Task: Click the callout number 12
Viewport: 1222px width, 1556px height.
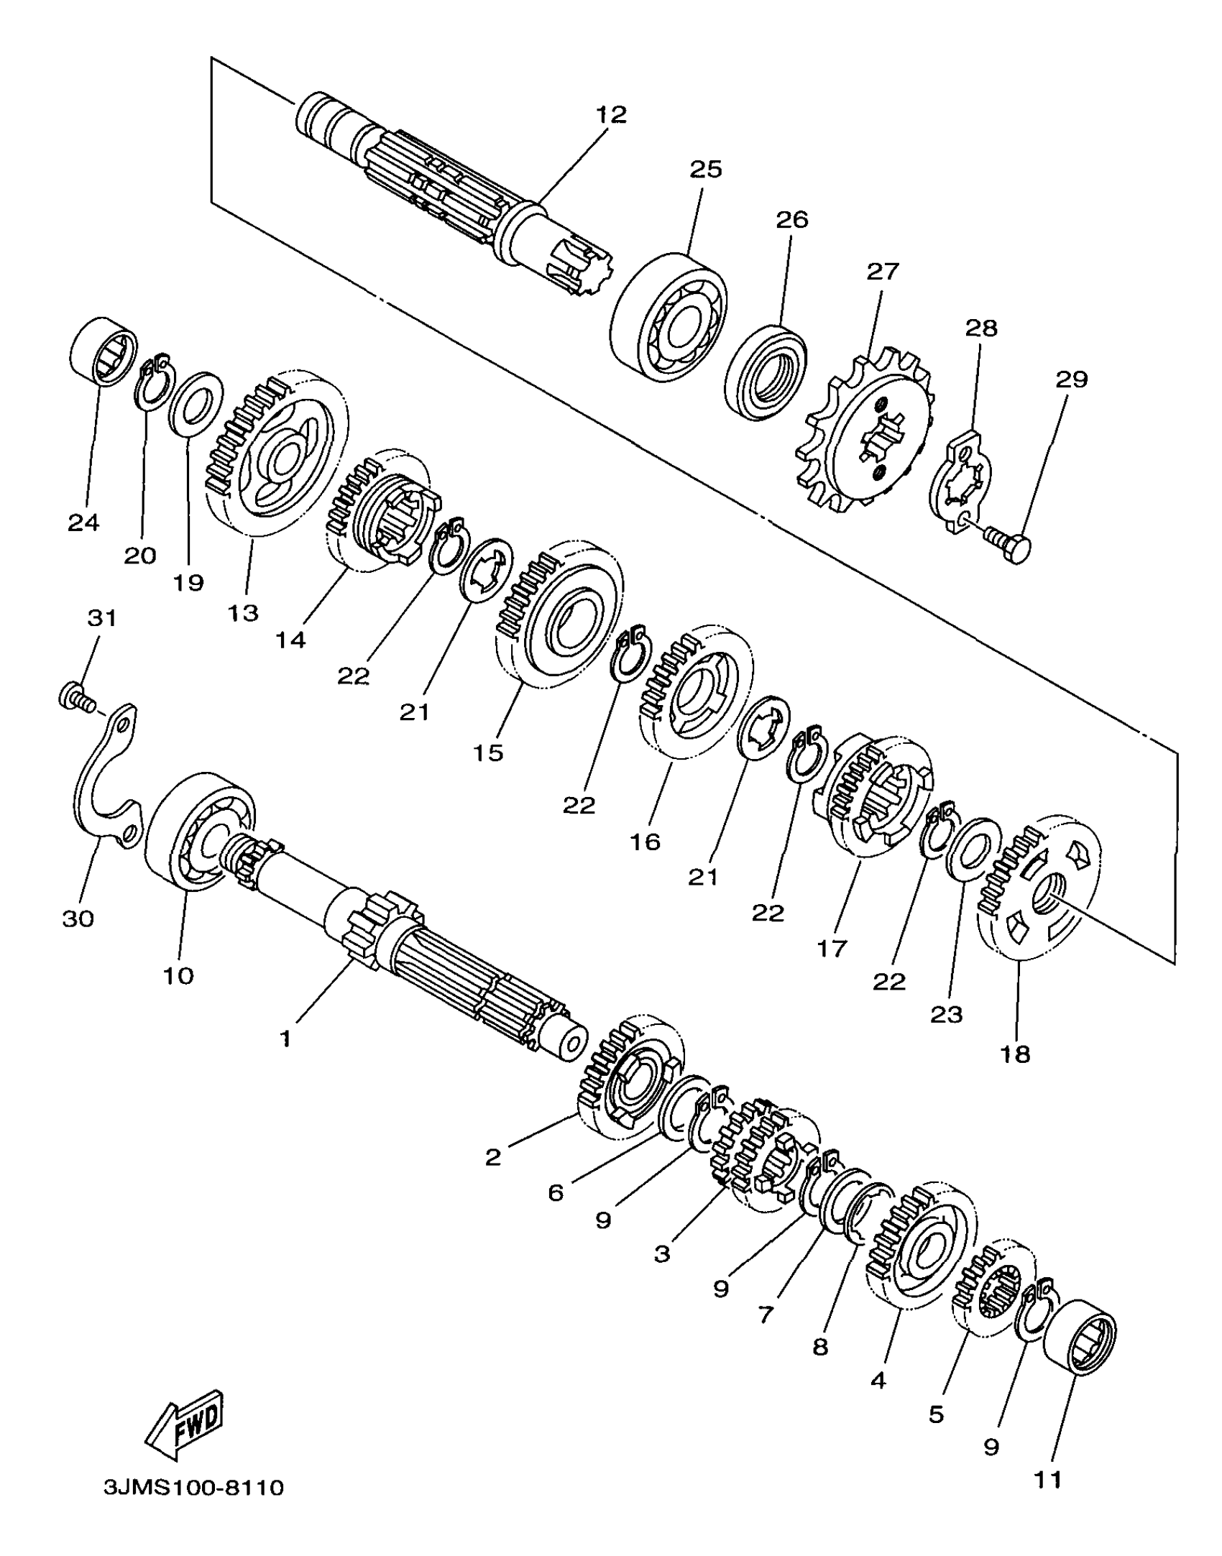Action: tap(611, 114)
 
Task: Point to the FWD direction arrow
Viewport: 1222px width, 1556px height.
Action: tap(185, 1424)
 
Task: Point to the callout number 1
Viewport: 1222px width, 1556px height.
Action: tap(285, 1039)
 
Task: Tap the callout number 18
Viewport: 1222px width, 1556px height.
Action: tap(1015, 1054)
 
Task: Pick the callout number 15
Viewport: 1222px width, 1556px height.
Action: tap(488, 752)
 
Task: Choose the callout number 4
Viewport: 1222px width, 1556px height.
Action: tap(878, 1380)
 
